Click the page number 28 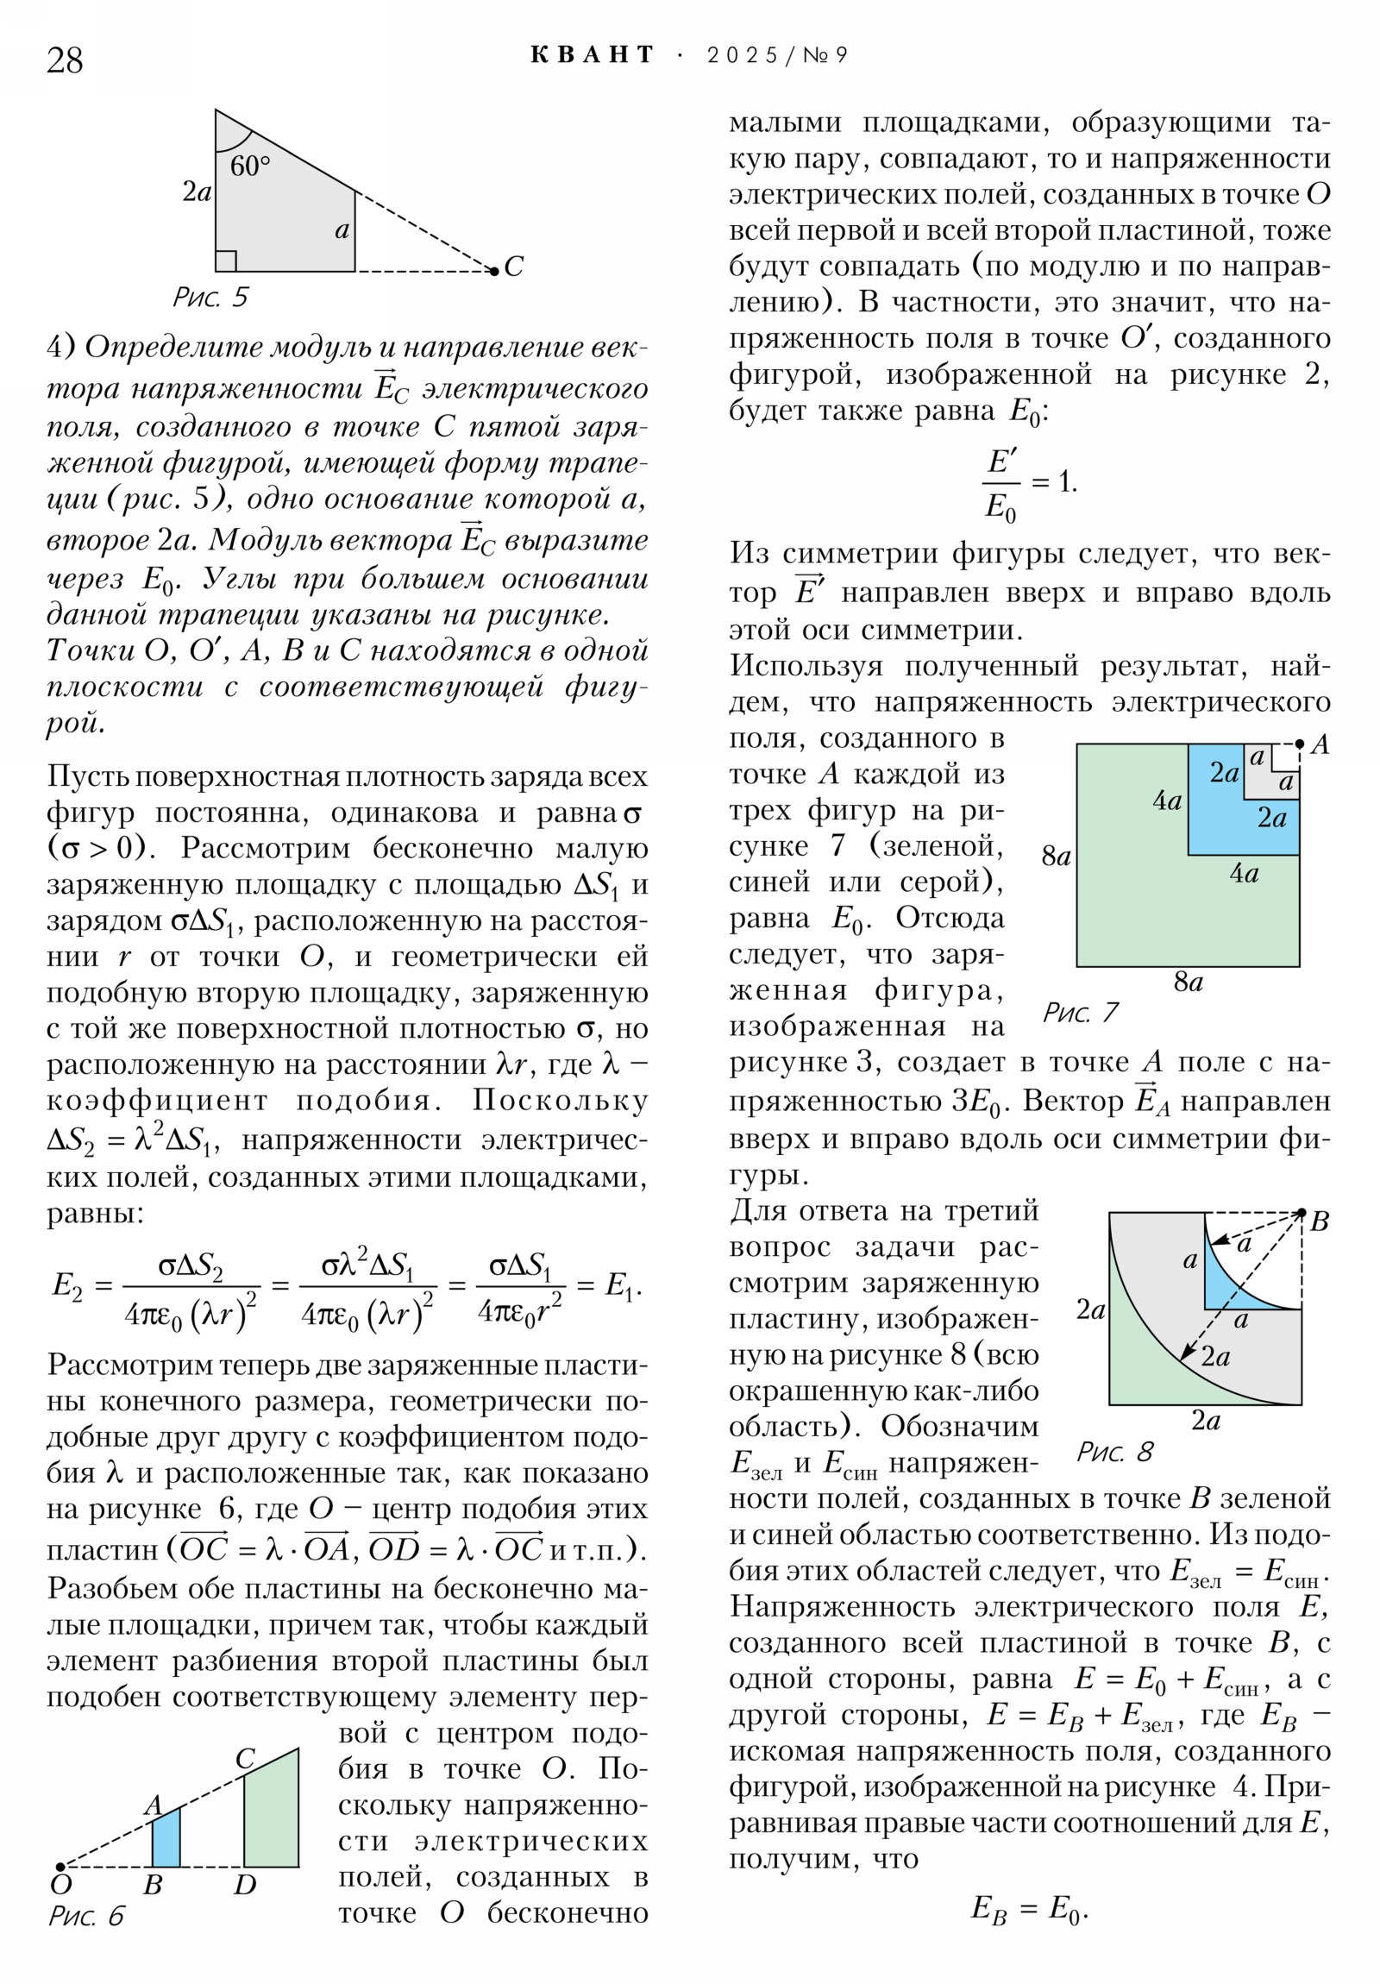65,60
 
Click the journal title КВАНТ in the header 593,55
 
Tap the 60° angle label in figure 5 250,165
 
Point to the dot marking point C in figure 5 494,272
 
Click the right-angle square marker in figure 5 225,261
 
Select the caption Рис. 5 210,298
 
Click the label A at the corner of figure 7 1320,745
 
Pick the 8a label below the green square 1189,983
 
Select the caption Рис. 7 1080,1012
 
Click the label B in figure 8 1319,1221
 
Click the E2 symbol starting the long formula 66,1285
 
